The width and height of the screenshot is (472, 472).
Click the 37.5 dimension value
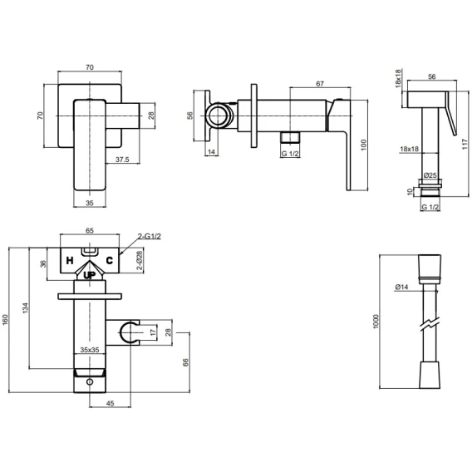pyautogui.click(x=122, y=160)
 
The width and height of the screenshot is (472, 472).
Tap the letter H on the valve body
pyautogui.click(x=70, y=260)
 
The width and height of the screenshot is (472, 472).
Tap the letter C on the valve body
pyautogui.click(x=109, y=260)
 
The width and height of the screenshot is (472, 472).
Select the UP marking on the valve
pyautogui.click(x=90, y=275)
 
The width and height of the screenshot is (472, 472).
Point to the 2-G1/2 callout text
pyautogui.click(x=150, y=236)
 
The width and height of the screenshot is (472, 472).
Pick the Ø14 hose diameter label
pyautogui.click(x=401, y=287)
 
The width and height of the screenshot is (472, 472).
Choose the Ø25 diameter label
pyautogui.click(x=430, y=175)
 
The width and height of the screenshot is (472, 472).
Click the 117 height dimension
pyautogui.click(x=466, y=145)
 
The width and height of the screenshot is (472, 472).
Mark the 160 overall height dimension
pyautogui.click(x=5, y=319)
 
